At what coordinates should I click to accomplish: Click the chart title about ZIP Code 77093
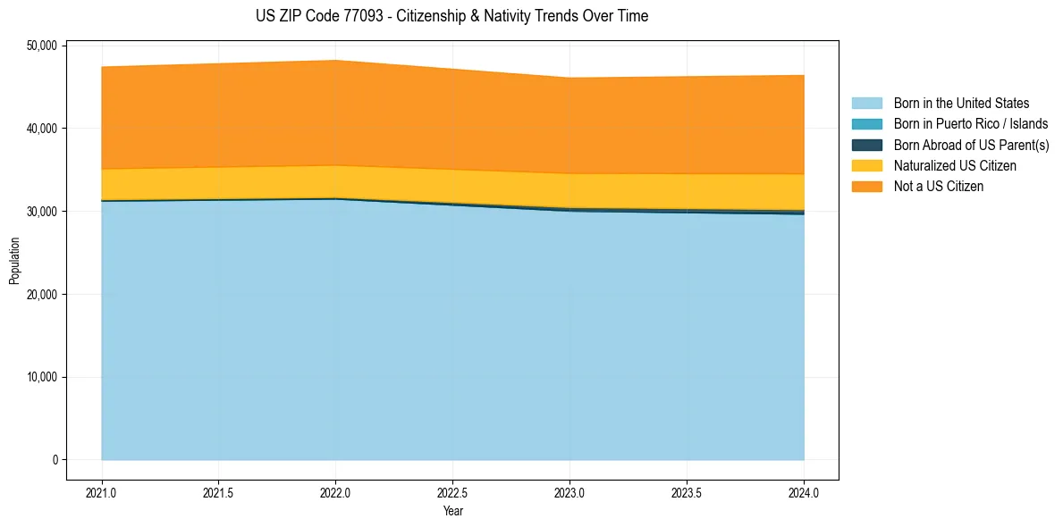(x=451, y=16)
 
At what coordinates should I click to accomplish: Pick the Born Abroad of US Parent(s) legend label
(x=971, y=145)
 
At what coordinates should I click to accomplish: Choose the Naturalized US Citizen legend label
(x=955, y=166)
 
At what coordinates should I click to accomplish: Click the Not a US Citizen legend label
(x=939, y=187)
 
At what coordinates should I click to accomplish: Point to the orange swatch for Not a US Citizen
(x=866, y=187)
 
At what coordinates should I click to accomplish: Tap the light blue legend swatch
(x=866, y=104)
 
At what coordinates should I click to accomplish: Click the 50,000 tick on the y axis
(x=42, y=46)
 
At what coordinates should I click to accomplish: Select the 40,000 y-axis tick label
(x=42, y=129)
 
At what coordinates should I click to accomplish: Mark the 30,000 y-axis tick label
(x=42, y=212)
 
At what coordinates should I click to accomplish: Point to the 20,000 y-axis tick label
(x=42, y=295)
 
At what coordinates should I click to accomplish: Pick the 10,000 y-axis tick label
(x=42, y=377)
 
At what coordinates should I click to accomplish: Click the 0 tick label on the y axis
(x=54, y=460)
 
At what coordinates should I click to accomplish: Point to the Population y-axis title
(x=14, y=261)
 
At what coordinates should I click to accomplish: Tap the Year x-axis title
(x=452, y=512)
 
